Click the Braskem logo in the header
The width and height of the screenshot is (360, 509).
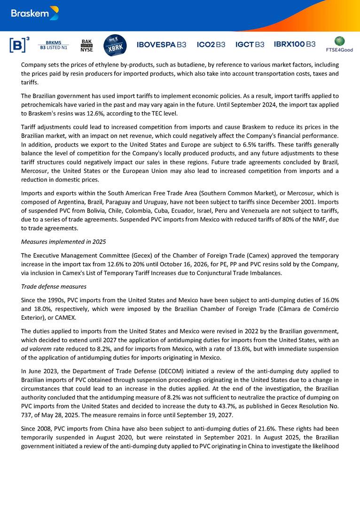(35, 13)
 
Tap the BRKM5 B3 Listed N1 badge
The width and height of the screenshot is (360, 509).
(53, 45)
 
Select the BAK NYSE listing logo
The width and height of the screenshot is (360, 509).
(87, 45)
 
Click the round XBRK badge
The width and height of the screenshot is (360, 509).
(115, 45)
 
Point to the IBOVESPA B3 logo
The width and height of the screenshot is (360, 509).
(161, 45)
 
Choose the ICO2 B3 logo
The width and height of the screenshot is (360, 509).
(211, 45)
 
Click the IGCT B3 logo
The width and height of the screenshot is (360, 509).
(250, 45)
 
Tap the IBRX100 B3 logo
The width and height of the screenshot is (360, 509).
(295, 45)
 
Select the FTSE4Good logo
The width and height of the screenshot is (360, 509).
(339, 45)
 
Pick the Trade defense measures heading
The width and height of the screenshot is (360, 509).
(54, 286)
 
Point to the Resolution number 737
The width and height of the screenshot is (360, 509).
(28, 416)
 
